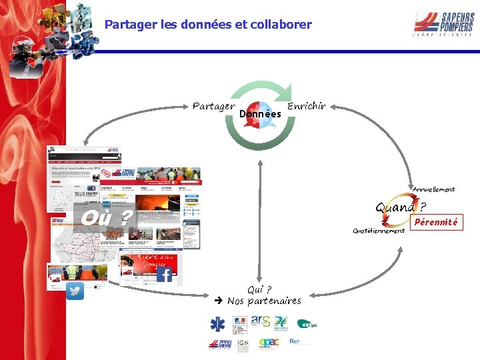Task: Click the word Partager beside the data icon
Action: (213, 106)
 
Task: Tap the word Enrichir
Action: (307, 106)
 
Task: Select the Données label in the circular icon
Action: (260, 114)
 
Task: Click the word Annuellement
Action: (433, 189)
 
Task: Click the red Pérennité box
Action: (437, 222)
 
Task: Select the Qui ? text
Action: (259, 289)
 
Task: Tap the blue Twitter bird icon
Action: (75, 291)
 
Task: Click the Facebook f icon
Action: (164, 274)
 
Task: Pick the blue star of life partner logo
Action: (217, 324)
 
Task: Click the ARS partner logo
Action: (261, 321)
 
